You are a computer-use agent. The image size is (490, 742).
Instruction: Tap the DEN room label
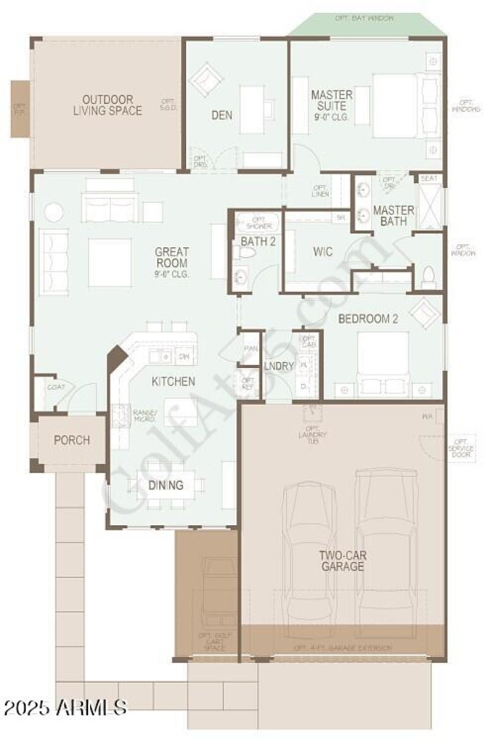(221, 114)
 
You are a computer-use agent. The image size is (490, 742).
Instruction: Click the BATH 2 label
(258, 241)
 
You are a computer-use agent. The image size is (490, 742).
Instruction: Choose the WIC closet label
(322, 252)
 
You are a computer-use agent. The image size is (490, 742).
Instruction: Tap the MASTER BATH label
(393, 215)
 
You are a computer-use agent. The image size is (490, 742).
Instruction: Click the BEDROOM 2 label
(364, 319)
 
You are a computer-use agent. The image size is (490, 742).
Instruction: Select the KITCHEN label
(173, 381)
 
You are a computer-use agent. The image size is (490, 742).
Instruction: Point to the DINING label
(166, 485)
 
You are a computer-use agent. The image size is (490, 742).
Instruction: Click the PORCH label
(72, 440)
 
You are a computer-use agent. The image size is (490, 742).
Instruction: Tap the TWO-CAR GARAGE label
(341, 560)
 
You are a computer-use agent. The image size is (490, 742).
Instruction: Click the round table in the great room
(53, 212)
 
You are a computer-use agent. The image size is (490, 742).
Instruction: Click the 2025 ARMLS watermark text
(65, 708)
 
